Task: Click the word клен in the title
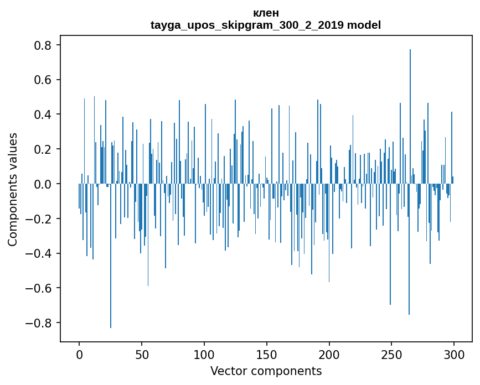[266, 13]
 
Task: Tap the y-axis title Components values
[13, 189]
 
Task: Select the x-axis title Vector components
[266, 371]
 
